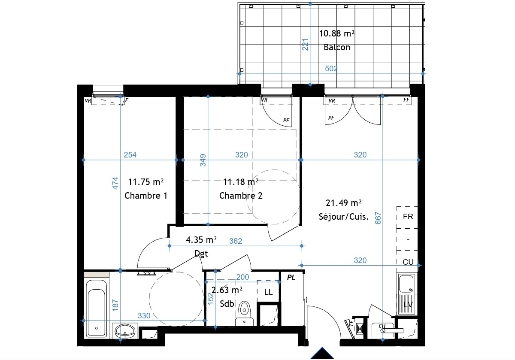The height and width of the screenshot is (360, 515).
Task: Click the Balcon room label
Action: [337, 47]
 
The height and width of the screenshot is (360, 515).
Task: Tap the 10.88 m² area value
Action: [336, 33]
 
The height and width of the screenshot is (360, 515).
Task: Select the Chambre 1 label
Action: [146, 196]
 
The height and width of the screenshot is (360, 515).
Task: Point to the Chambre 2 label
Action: [241, 196]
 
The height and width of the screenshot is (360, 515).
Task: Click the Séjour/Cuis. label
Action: [343, 217]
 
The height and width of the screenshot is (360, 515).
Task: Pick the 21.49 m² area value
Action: [343, 203]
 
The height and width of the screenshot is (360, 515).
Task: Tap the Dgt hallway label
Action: [201, 254]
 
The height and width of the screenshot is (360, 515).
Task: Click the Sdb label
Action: [227, 304]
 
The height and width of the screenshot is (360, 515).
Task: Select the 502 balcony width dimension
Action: [331, 69]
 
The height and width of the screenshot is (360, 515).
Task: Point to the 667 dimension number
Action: [378, 218]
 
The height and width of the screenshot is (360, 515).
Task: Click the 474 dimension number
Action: [115, 183]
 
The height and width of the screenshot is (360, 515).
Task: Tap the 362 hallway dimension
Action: [236, 241]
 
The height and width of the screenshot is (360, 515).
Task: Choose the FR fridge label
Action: [408, 217]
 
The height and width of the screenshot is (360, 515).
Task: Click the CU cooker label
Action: [408, 262]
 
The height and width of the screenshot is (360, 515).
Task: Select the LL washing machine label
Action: [268, 292]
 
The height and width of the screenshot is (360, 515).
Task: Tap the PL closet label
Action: [291, 278]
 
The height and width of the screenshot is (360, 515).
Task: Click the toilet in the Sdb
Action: [244, 314]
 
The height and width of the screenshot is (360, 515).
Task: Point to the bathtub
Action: [96, 308]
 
